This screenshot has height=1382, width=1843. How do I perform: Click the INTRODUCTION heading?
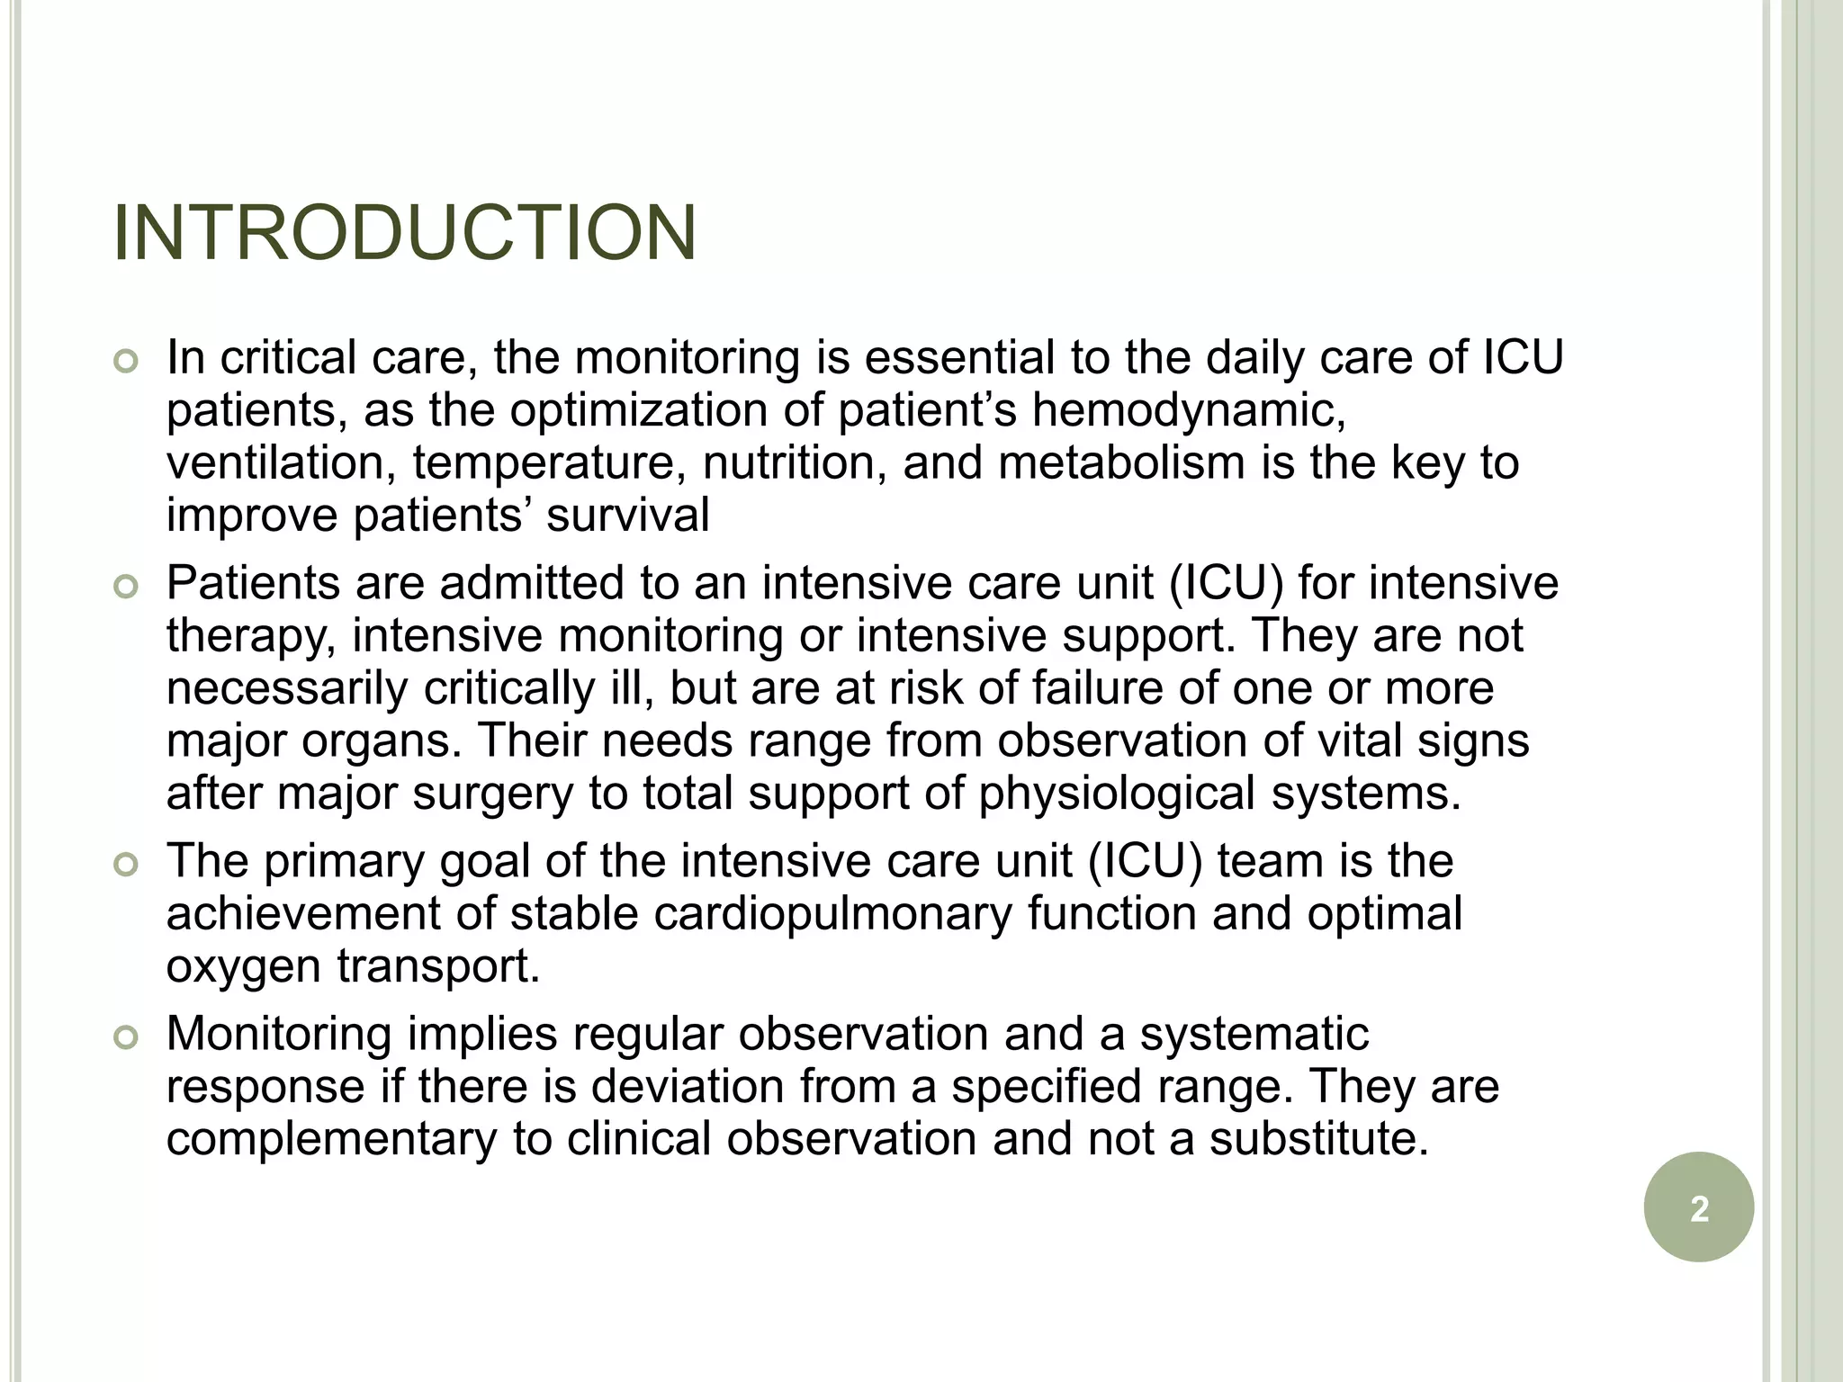pos(405,234)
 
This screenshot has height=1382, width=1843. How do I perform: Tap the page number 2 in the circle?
pos(1699,1208)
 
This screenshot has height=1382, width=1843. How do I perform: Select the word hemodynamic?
pos(1188,410)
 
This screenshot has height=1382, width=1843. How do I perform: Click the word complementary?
pos(331,1139)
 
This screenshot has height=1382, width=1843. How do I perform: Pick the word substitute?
pos(1318,1138)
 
